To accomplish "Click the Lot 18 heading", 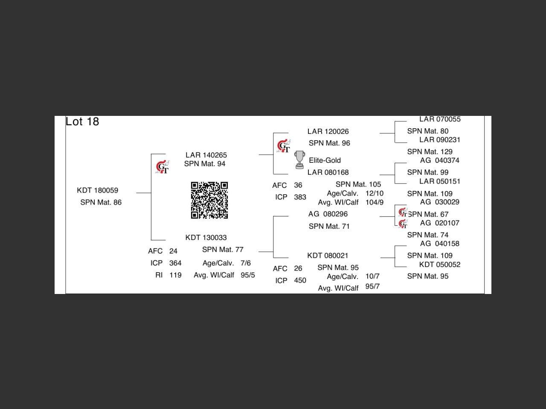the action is pyautogui.click(x=82, y=122).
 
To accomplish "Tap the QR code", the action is pyautogui.click(x=209, y=200).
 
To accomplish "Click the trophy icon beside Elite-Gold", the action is pyautogui.click(x=299, y=160).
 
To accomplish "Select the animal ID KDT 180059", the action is pyautogui.click(x=98, y=190).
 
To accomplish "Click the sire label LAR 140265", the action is pyautogui.click(x=206, y=155).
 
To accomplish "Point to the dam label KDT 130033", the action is pyautogui.click(x=206, y=238).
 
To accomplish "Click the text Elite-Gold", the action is pyautogui.click(x=325, y=161).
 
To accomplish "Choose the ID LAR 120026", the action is pyautogui.click(x=328, y=131).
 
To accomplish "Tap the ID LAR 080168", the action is pyautogui.click(x=328, y=173).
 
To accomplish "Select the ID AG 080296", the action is pyautogui.click(x=328, y=214).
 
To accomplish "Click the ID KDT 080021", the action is pyautogui.click(x=328, y=256).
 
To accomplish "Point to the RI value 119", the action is pyautogui.click(x=175, y=275).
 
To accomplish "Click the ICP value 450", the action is pyautogui.click(x=300, y=280).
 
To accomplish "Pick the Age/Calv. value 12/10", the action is pyautogui.click(x=375, y=193).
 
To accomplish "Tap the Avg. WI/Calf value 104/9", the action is pyautogui.click(x=375, y=202).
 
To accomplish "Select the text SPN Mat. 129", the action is pyautogui.click(x=430, y=152).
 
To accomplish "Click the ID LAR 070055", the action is pyautogui.click(x=440, y=119).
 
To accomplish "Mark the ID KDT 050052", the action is pyautogui.click(x=440, y=265).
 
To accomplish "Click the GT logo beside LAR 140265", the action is pyautogui.click(x=162, y=167).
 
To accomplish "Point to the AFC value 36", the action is pyautogui.click(x=298, y=185).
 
